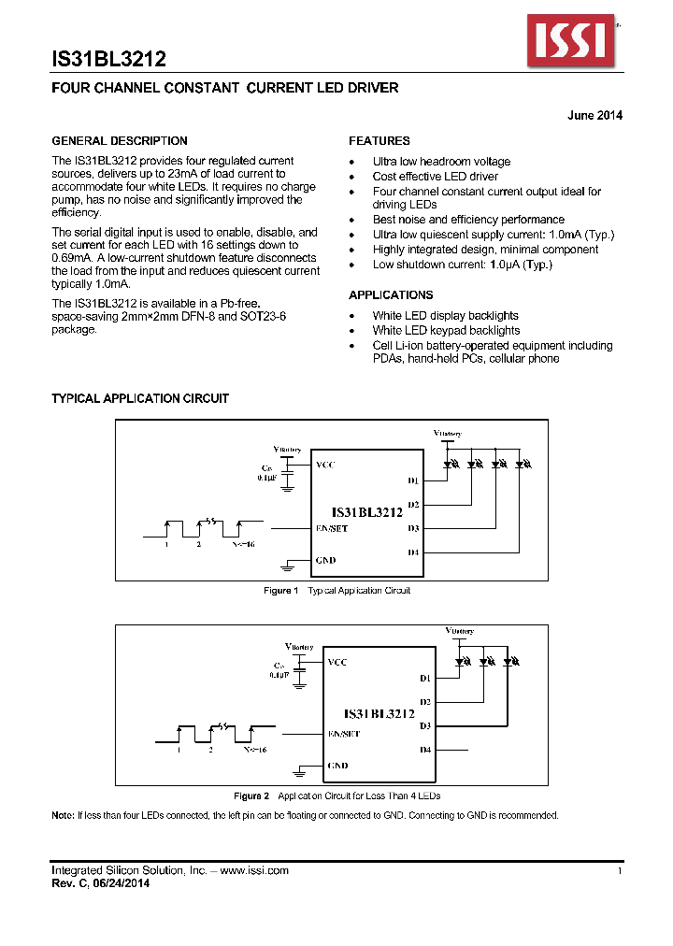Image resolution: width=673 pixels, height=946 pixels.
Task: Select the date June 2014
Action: click(x=594, y=116)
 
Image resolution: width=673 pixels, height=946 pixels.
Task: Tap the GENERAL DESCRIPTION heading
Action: click(x=119, y=141)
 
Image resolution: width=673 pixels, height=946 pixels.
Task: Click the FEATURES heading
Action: click(x=379, y=141)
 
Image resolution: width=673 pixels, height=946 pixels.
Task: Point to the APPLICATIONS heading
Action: click(x=392, y=295)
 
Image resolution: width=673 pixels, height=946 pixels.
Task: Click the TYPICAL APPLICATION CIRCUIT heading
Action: click(x=139, y=398)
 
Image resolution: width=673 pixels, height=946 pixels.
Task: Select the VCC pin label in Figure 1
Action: click(x=325, y=465)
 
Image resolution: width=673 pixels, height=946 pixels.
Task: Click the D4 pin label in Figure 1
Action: click(x=412, y=552)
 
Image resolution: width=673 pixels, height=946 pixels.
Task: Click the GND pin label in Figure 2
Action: click(x=337, y=766)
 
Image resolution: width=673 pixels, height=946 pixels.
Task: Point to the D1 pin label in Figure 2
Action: click(x=425, y=678)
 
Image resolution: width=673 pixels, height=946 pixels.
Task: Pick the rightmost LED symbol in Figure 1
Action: click(x=523, y=462)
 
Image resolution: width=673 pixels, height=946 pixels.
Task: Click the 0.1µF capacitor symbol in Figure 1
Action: click(x=288, y=477)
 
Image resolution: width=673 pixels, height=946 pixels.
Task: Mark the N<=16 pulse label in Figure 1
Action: click(x=242, y=543)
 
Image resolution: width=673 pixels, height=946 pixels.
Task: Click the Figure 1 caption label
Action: click(x=280, y=591)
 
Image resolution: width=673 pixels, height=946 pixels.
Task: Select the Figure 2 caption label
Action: click(x=251, y=796)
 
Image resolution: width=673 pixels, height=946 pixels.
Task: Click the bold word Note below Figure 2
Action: click(x=62, y=816)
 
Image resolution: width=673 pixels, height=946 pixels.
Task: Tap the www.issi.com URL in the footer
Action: click(x=254, y=870)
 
